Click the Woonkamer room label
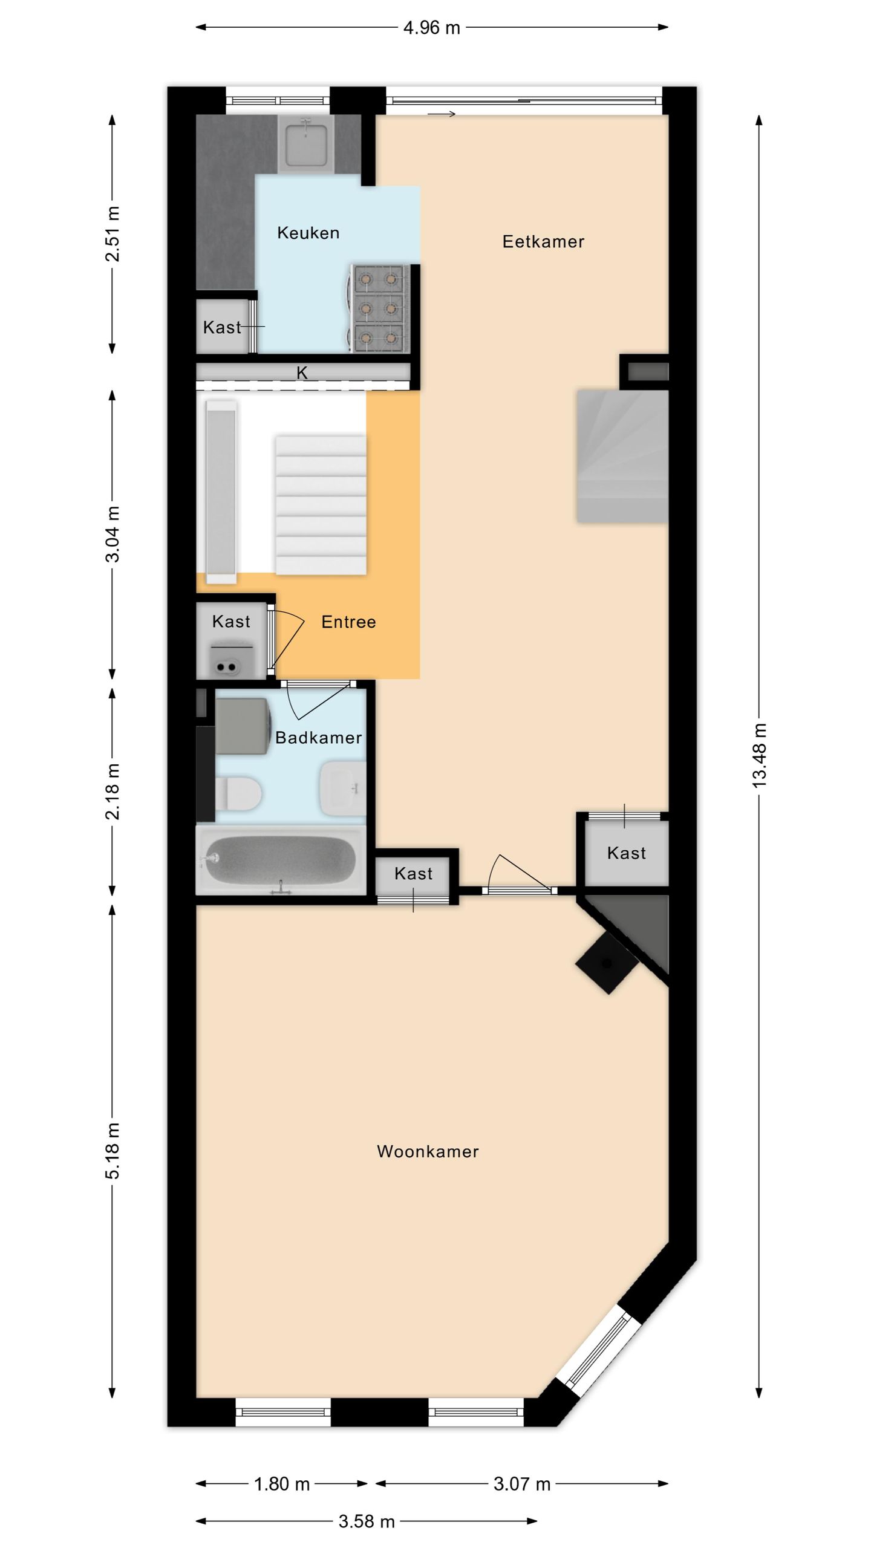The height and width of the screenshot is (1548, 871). coord(428,1151)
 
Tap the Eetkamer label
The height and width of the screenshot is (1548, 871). coord(543,242)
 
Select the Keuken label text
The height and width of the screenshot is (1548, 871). coord(308,233)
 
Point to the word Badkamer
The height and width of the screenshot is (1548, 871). coord(318,738)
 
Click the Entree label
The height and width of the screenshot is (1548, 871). coord(348,622)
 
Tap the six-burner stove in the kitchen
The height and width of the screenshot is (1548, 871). coord(379,308)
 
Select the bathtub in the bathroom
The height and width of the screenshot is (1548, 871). coord(281,860)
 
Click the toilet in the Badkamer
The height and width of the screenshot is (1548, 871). coord(238,793)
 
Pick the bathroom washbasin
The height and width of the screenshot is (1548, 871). coord(342,788)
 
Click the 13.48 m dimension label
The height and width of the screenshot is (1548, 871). coord(760,756)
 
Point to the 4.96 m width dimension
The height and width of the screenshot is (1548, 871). coord(432,28)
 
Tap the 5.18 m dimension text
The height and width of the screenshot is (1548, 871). coord(113,1151)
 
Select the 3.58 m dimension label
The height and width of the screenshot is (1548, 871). coord(367,1521)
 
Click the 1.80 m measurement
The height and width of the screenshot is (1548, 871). coord(282,1484)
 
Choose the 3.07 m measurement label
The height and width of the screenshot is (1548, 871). coord(522,1484)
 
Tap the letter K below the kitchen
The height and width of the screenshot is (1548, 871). coord(302,373)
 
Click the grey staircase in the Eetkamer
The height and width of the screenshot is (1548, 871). coord(622,456)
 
